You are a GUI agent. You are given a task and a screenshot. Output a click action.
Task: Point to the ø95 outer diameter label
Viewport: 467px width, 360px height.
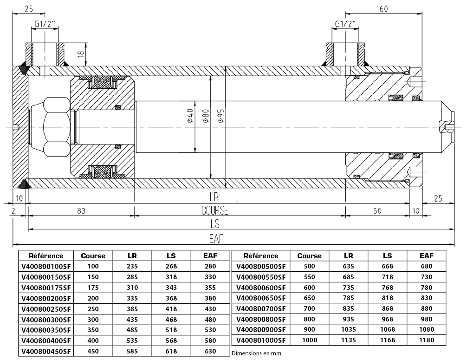click(221, 116)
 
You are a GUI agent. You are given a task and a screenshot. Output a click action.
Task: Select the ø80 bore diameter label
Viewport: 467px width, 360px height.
click(206, 116)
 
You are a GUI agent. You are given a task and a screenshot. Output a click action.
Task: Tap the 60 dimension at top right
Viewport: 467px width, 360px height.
click(383, 9)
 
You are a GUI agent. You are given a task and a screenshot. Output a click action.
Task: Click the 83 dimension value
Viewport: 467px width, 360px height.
click(81, 211)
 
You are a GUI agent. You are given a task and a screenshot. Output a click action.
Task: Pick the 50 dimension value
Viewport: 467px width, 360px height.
click(377, 211)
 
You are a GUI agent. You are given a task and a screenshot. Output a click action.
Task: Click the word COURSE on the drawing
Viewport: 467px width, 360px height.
click(215, 210)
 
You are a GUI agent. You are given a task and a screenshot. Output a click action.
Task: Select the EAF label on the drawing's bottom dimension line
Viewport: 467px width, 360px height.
click(216, 239)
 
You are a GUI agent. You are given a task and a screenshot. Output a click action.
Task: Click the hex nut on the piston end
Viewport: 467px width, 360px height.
click(56, 127)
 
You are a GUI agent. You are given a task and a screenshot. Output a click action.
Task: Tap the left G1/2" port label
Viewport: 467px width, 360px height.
click(45, 24)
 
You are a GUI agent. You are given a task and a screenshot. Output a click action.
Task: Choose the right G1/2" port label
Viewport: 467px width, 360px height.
click(345, 24)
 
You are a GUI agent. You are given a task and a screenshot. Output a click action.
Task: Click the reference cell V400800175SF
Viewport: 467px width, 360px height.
click(46, 288)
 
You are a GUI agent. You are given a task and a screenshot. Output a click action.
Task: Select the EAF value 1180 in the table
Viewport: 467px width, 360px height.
click(427, 340)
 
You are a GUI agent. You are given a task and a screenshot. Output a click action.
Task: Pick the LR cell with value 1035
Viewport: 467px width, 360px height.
click(349, 329)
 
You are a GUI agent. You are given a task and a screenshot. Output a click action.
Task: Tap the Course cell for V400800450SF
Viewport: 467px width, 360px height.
click(93, 351)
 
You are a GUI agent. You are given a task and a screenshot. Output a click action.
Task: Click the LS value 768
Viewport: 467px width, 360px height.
click(388, 288)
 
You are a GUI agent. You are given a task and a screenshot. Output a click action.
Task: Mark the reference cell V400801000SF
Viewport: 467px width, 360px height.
click(261, 340)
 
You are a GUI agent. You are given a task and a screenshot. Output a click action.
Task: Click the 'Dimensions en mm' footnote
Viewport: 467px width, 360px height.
click(256, 353)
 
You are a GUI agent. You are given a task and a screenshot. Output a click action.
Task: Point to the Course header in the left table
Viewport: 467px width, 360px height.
click(93, 255)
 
